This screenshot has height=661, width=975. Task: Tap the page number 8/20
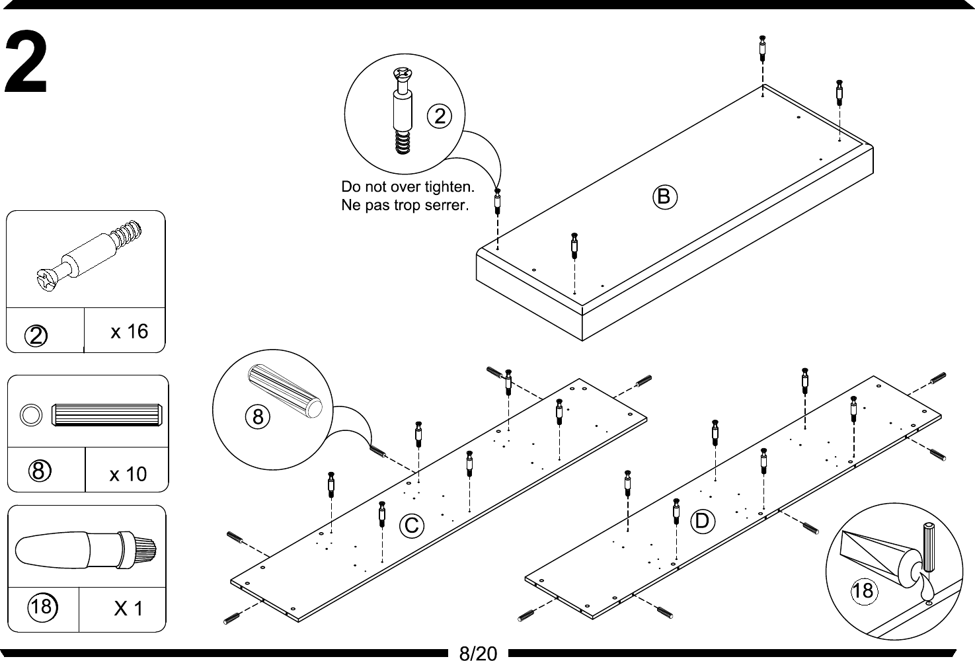coord(477,653)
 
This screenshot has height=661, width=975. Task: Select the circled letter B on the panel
coord(665,196)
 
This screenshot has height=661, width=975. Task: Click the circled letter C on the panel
coord(411,525)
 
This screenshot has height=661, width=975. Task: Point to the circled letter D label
coord(701,521)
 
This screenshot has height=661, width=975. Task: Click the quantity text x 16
coord(129,331)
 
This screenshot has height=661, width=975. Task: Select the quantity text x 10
coord(128,474)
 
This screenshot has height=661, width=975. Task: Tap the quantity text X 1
coord(128,608)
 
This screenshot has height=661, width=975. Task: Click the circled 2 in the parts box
coord(37,336)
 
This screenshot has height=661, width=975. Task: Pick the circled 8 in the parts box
coord(39,471)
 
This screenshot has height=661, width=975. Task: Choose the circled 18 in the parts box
coord(41,605)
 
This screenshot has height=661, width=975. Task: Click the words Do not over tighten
coord(408,186)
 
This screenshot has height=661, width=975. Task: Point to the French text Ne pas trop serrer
coord(405,205)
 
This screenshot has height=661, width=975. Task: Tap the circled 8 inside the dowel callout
coord(258,416)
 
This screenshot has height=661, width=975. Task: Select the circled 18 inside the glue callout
coord(863,590)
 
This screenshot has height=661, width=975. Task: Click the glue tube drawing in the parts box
coord(86,548)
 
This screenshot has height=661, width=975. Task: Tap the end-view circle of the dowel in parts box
coord(30,415)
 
